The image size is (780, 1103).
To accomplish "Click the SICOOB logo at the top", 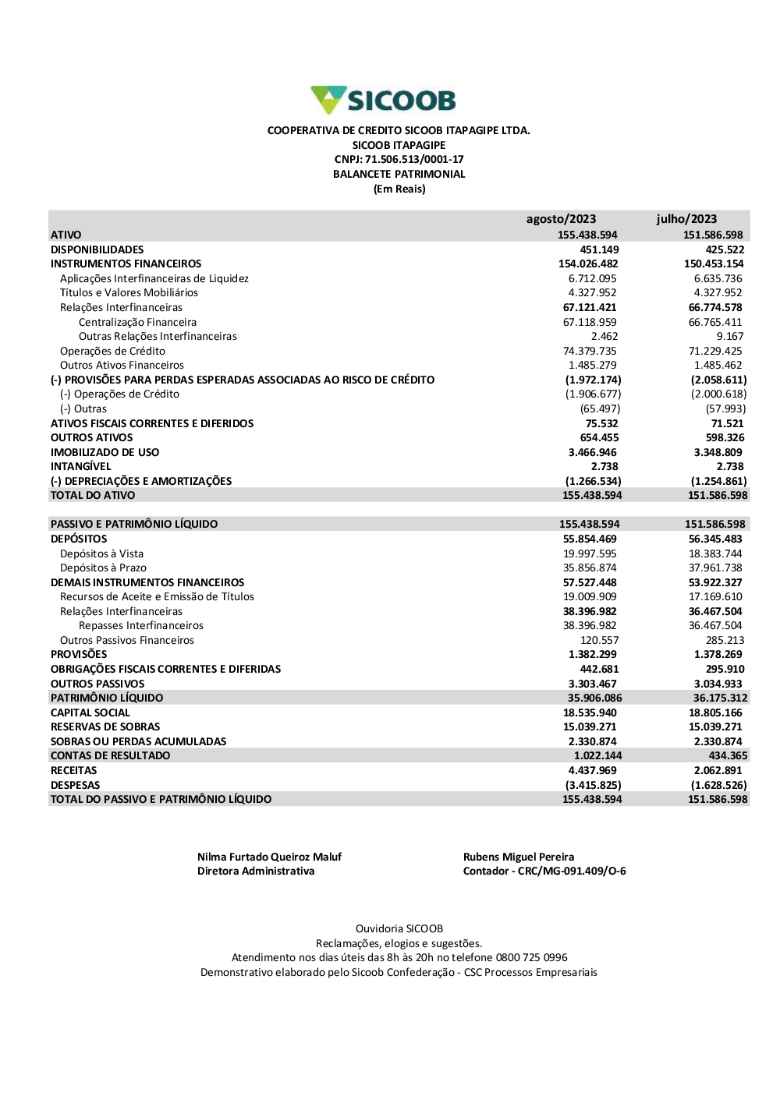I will tap(383, 101).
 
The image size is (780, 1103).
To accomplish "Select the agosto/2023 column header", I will tap(561, 219).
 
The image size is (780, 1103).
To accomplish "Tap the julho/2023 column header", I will tap(686, 219).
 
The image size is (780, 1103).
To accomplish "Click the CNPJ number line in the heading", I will tap(399, 160).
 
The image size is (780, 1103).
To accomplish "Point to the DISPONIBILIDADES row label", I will tap(97, 249).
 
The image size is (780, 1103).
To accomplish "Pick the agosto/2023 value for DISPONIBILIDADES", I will tap(599, 249).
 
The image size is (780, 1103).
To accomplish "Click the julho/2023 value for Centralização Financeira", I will tap(715, 322).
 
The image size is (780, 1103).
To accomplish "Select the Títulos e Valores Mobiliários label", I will tap(129, 293).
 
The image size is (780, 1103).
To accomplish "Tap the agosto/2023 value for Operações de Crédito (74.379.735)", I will tap(590, 351).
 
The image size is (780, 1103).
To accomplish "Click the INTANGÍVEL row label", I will tap(81, 466).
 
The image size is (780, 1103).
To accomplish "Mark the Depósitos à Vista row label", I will tap(101, 553).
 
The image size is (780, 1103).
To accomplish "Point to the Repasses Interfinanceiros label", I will tap(141, 625).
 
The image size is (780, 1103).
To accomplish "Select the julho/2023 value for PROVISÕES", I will tap(718, 654).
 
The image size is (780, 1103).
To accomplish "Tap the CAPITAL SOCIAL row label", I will tap(90, 712).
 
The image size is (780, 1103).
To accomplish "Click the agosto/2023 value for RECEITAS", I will tap(593, 770).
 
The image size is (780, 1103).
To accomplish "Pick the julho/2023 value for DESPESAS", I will tap(718, 785).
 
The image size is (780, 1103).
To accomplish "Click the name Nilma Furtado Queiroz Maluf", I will tap(269, 857).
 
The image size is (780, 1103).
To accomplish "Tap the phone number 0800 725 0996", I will tap(531, 957).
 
